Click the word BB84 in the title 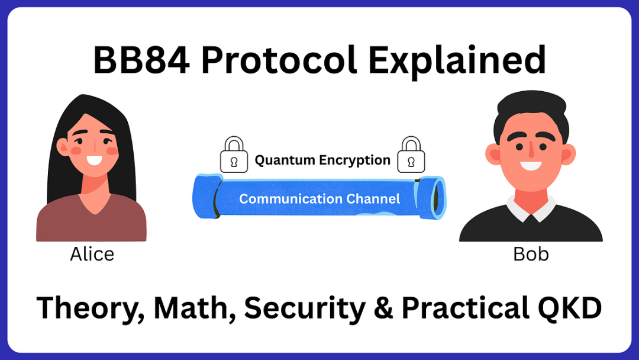pyautogui.click(x=141, y=60)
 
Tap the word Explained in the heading pyautogui.click(x=457, y=61)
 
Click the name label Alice pyautogui.click(x=92, y=254)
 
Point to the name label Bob pyautogui.click(x=531, y=254)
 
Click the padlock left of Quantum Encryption pyautogui.click(x=234, y=155)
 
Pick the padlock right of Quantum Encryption pyautogui.click(x=411, y=155)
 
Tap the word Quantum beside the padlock pyautogui.click(x=285, y=160)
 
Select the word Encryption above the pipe pyautogui.click(x=354, y=160)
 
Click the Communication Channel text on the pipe pyautogui.click(x=319, y=198)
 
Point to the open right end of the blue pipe pyautogui.click(x=437, y=197)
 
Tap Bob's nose pyautogui.click(x=531, y=151)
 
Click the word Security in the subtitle pyautogui.click(x=305, y=309)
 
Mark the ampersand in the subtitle pyautogui.click(x=383, y=308)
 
